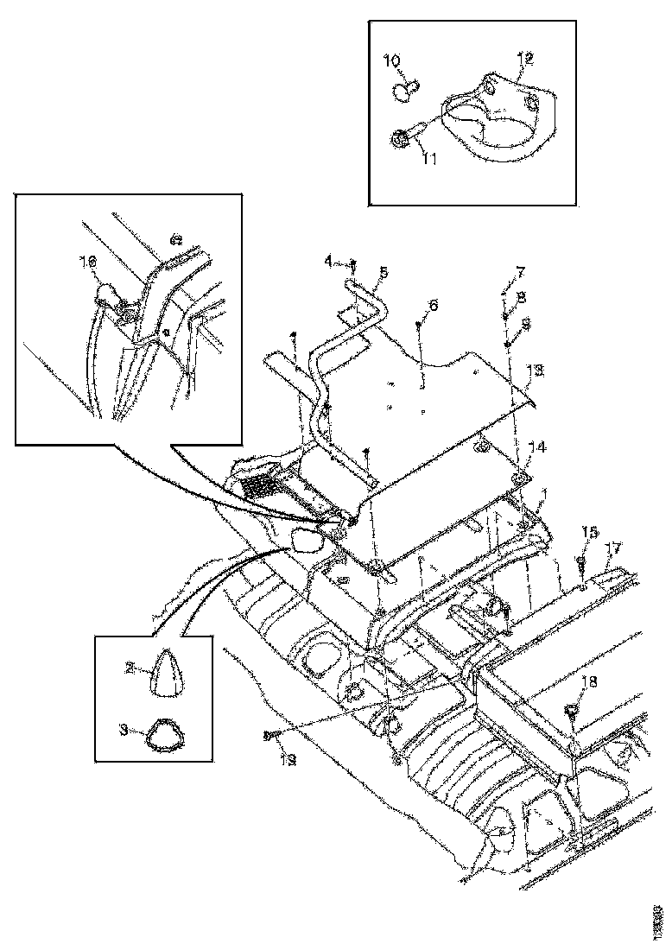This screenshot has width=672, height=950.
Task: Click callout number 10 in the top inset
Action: [391, 60]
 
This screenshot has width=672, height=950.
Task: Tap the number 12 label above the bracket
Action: [524, 59]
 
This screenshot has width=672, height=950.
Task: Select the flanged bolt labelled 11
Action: [407, 138]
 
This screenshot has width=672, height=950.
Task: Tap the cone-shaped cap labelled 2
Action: [165, 674]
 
